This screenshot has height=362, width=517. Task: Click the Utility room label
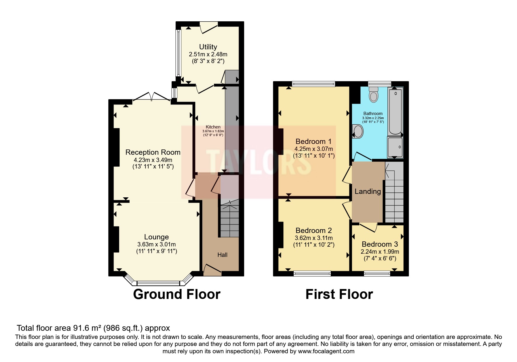pyautogui.click(x=208, y=47)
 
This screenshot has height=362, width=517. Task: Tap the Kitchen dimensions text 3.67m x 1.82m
pyautogui.click(x=213, y=131)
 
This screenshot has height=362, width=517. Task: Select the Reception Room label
pyautogui.click(x=153, y=152)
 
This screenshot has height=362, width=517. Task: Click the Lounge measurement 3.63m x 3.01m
pyautogui.click(x=156, y=244)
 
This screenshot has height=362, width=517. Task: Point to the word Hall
pyautogui.click(x=222, y=255)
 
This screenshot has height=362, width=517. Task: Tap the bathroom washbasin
pyautogui.click(x=358, y=131)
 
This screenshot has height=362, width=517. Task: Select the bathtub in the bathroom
pyautogui.click(x=395, y=112)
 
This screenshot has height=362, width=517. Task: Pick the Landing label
pyautogui.click(x=368, y=192)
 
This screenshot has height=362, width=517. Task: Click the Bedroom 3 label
pyautogui.click(x=380, y=244)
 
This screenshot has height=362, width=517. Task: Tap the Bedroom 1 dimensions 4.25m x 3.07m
pyautogui.click(x=314, y=149)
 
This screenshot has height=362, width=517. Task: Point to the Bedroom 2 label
pyautogui.click(x=314, y=230)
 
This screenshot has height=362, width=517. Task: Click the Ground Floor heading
pyautogui.click(x=177, y=294)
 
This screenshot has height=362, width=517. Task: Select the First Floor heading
pyautogui.click(x=339, y=294)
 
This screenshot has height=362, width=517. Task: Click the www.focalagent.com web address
pyautogui.click(x=326, y=351)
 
